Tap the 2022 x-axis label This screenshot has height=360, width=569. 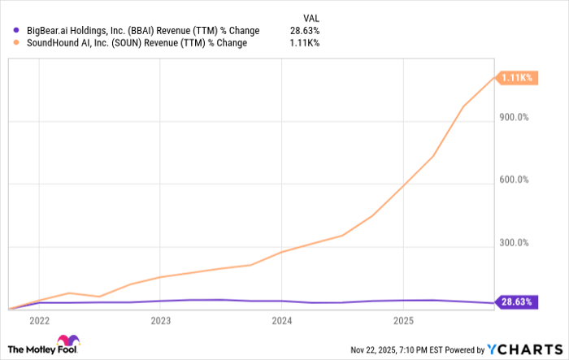pos(39,320)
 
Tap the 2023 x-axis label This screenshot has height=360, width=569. pos(160,320)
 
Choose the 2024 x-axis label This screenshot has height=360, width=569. pos(281,320)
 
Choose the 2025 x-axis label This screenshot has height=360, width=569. pos(402,320)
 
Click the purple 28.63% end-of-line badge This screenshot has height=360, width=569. pos(515,302)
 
